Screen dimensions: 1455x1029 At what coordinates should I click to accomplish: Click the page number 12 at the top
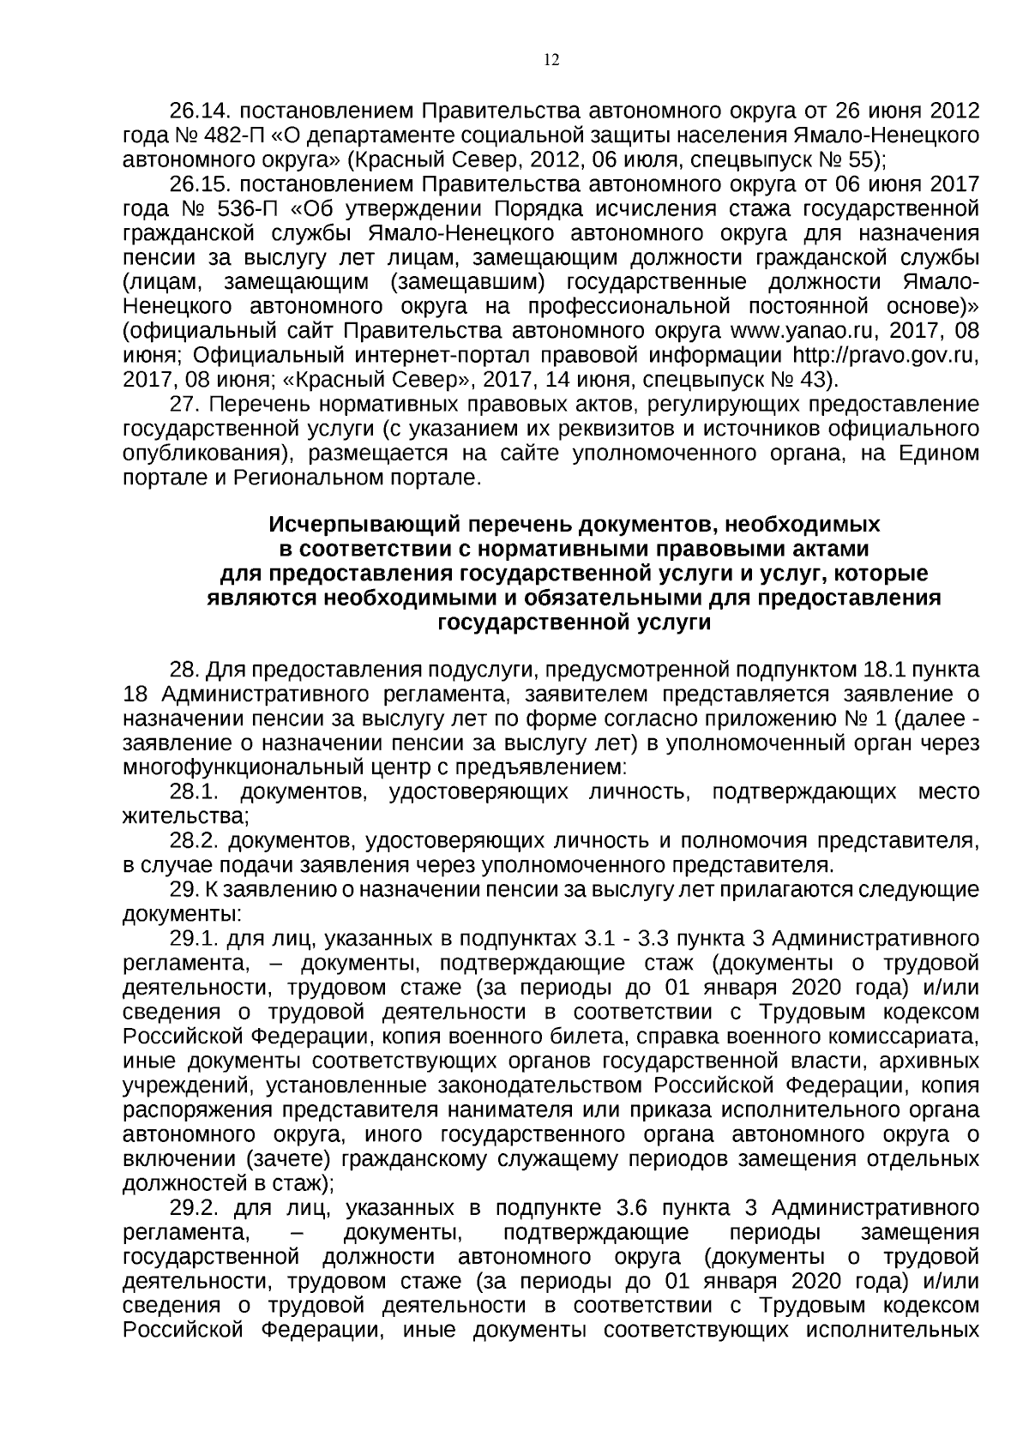(551, 60)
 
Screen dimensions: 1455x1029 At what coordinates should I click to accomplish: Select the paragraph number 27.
(184, 404)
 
